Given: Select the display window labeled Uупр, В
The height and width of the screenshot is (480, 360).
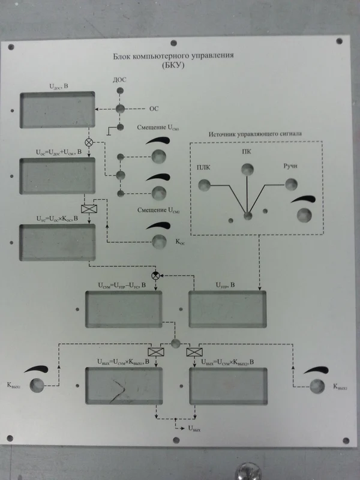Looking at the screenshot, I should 227,310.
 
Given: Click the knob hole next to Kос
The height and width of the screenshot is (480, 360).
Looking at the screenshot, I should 159,241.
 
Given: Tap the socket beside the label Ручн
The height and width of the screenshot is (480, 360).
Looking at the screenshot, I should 291,184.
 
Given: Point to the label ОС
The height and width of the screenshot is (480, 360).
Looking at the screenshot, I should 154,109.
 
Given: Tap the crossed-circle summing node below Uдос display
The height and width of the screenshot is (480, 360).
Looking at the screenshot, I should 89,143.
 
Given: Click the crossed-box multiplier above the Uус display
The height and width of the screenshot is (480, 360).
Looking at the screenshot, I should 89,209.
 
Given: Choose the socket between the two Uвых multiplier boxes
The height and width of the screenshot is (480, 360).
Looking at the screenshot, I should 175,343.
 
